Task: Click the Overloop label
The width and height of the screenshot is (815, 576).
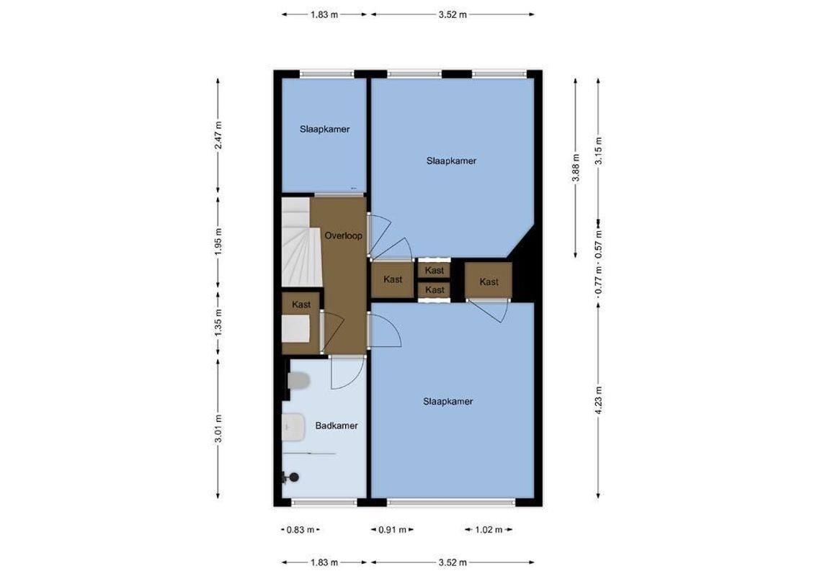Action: [343, 235]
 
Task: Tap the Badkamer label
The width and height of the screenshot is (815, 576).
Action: [337, 426]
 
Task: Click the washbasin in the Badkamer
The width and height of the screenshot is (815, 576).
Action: [293, 429]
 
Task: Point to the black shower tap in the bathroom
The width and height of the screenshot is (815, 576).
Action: [291, 477]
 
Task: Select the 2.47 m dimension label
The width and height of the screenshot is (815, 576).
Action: [218, 135]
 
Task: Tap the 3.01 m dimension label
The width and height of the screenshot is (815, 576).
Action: [218, 430]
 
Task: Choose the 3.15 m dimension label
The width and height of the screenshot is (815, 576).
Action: [598, 150]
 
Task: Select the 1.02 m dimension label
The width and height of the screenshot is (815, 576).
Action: [489, 530]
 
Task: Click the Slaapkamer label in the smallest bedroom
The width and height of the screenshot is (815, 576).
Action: [325, 130]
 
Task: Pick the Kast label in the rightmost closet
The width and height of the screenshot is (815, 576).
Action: [489, 282]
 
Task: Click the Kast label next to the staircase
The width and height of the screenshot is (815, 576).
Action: [301, 305]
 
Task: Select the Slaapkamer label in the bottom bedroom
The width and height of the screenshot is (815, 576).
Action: [448, 402]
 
